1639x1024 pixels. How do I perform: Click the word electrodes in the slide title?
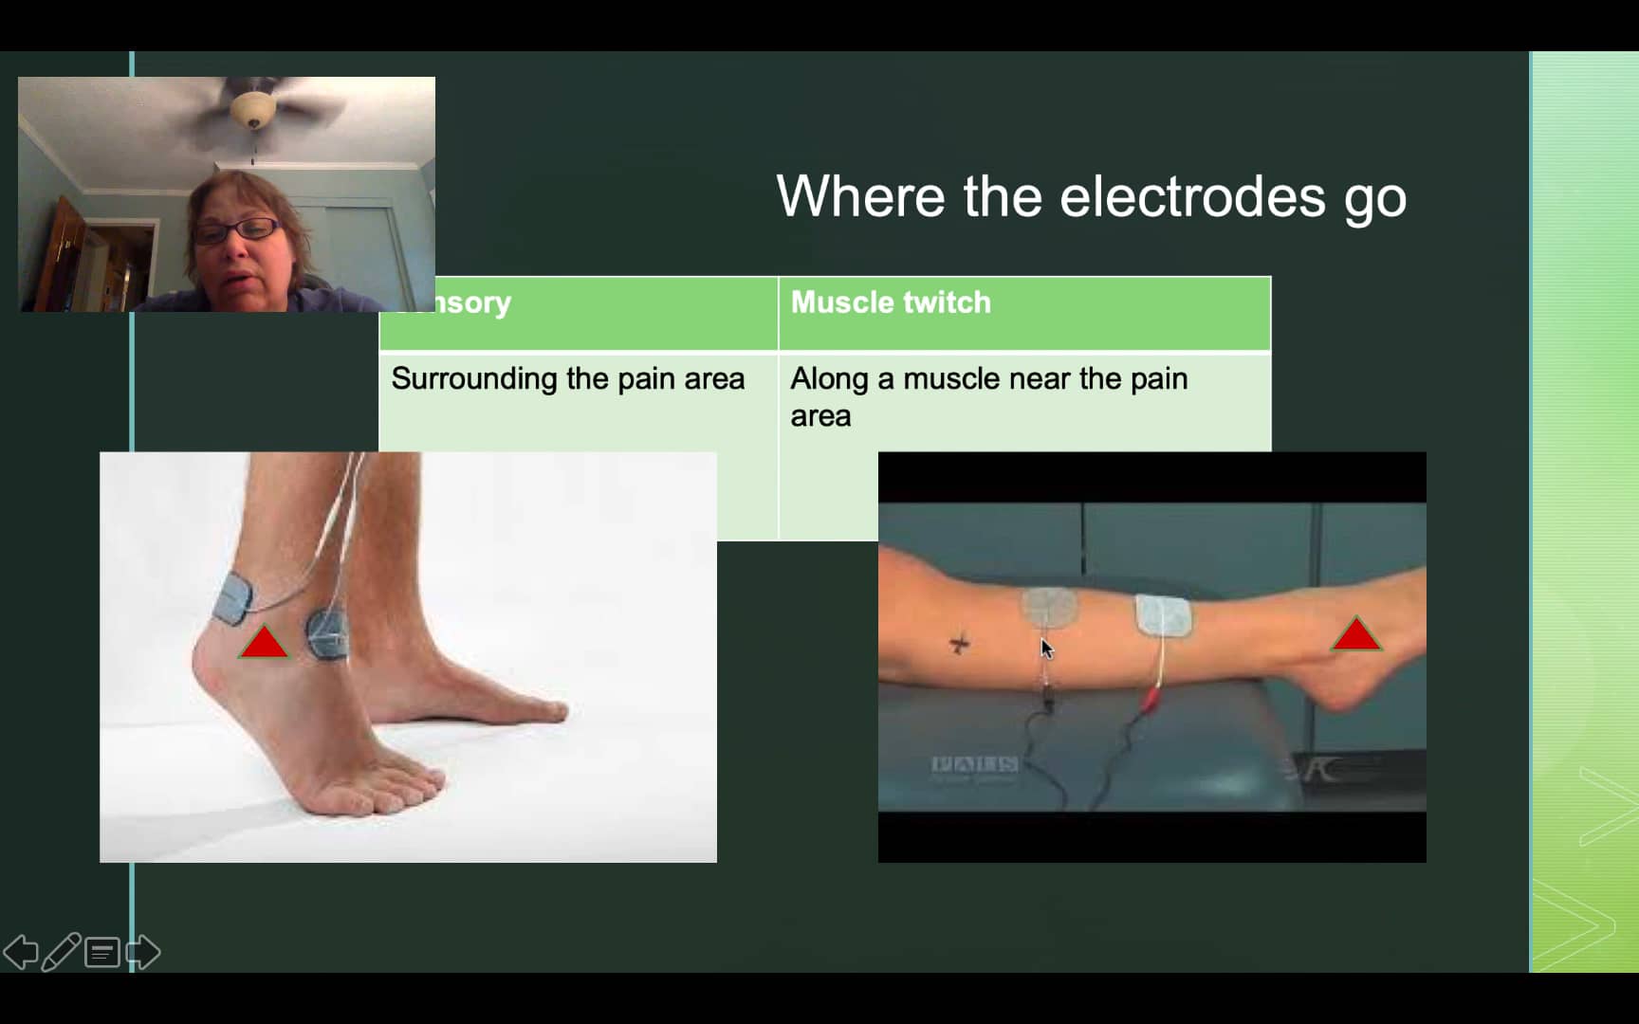[x=1191, y=197]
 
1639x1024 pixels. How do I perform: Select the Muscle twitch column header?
[x=891, y=302]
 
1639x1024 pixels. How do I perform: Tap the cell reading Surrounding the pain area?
[x=567, y=379]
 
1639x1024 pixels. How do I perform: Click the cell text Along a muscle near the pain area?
[x=988, y=396]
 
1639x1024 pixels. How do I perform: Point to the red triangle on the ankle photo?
[x=264, y=644]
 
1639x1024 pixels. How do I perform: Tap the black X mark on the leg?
[x=959, y=645]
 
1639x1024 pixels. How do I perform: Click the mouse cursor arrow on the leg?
[x=1046, y=649]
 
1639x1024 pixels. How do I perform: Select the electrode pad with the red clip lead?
[x=1163, y=614]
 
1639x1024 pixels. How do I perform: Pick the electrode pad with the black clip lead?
[x=1049, y=607]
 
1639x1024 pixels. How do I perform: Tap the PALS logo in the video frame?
[x=974, y=764]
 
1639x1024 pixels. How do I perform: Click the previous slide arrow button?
[x=21, y=952]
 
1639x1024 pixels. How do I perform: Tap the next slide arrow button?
[x=143, y=952]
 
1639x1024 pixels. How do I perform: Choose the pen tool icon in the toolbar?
[x=61, y=952]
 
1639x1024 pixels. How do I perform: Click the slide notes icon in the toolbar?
[x=101, y=952]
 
